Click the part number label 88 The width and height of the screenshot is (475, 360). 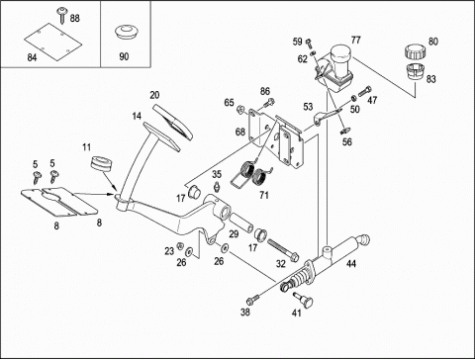point(75,18)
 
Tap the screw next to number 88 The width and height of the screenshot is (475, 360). point(61,16)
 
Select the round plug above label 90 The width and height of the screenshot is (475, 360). point(127,33)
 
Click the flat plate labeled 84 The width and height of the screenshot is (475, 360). point(52,42)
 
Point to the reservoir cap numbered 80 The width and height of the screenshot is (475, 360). point(415,52)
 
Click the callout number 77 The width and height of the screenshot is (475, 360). point(355,41)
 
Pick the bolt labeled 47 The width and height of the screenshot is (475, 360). point(364,90)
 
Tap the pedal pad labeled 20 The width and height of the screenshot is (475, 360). point(172,123)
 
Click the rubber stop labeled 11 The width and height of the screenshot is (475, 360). point(100,163)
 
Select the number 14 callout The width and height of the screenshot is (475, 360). point(137,116)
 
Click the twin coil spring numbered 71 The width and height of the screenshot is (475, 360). point(253,174)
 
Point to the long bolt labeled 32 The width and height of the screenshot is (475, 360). point(283,250)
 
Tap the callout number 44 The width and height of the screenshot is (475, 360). point(351,263)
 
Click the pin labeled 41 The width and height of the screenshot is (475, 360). point(303,300)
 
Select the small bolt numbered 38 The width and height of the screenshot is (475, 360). point(253,300)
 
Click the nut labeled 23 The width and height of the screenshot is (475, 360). point(180,246)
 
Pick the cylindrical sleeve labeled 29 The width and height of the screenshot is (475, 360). point(241,223)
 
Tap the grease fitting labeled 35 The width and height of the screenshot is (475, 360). point(217,186)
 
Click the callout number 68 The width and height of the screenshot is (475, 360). point(240,132)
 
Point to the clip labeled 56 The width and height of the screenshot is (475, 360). point(345,131)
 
